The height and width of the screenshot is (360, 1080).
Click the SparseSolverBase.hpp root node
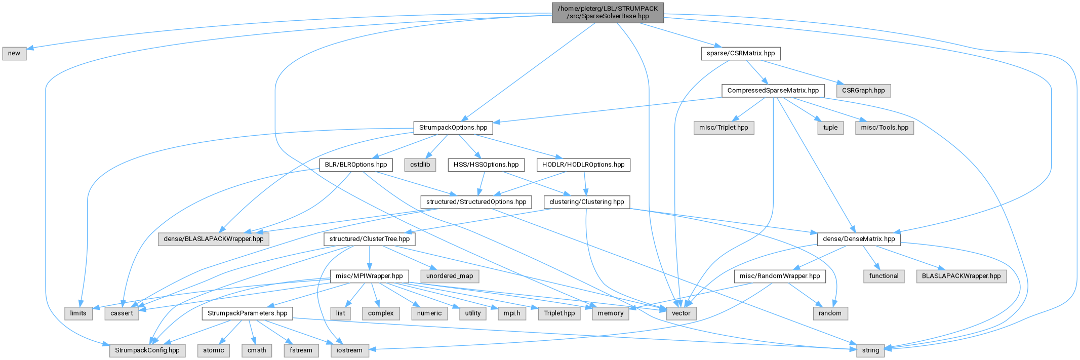tap(608, 13)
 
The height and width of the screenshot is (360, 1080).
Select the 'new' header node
tap(14, 53)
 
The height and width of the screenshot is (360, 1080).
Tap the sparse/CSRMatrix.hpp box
tap(741, 53)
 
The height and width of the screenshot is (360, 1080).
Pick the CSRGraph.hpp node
tap(864, 91)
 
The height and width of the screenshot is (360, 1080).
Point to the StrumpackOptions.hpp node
tap(453, 128)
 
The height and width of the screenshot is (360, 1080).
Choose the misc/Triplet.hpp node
tap(724, 128)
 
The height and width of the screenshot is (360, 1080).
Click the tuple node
tap(830, 128)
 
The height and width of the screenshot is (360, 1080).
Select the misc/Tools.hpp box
tap(885, 128)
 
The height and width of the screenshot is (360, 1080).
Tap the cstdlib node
tap(420, 165)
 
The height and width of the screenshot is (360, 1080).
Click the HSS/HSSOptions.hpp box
tap(486, 165)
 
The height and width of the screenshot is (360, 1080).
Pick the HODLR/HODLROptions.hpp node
tap(583, 165)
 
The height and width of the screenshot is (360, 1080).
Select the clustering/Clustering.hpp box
tap(587, 202)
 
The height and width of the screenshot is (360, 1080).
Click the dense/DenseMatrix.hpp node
tap(859, 239)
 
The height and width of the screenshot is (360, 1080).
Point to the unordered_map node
tap(450, 276)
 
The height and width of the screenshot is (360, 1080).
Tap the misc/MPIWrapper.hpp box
tap(369, 276)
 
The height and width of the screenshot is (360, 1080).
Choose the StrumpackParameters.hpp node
tap(248, 313)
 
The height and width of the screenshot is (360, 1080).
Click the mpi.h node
tap(512, 313)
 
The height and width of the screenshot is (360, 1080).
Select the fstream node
tap(301, 350)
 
